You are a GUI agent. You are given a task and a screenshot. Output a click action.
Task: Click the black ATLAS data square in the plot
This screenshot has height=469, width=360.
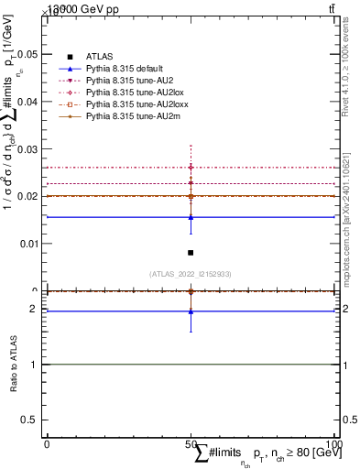[191, 253]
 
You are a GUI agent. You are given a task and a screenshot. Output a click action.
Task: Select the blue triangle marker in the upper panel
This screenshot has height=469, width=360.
[191, 217]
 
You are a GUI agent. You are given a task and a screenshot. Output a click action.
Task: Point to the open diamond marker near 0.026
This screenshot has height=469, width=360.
[191, 168]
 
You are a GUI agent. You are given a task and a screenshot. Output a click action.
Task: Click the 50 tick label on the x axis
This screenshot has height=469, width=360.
[191, 443]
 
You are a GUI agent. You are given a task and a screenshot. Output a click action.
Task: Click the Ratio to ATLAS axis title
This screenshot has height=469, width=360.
[14, 365]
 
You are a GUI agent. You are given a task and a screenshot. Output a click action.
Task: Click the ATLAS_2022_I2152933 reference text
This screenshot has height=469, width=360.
[190, 273]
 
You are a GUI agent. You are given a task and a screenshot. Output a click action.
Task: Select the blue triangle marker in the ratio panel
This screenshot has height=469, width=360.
[191, 311]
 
